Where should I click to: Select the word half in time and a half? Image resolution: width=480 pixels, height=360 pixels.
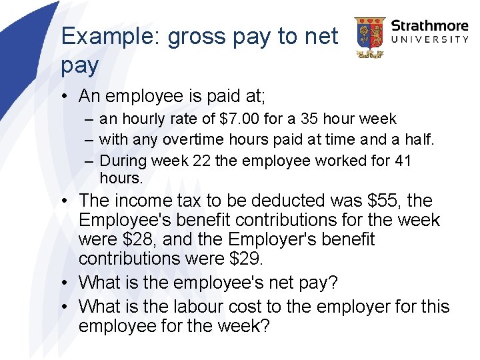click(x=419, y=140)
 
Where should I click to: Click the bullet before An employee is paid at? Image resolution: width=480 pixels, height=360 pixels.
click(x=69, y=97)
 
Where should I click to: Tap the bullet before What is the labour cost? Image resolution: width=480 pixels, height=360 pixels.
click(x=69, y=307)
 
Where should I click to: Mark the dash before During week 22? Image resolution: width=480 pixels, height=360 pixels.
click(x=89, y=161)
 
